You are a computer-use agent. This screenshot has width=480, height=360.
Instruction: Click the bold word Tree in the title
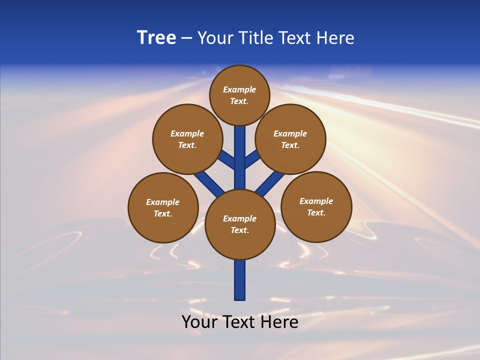156,37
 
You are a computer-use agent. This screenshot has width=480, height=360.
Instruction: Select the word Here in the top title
335,37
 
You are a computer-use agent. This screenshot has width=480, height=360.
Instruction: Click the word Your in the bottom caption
199,321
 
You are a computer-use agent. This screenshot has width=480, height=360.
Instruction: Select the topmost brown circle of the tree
239,95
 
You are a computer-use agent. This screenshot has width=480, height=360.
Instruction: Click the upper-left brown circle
187,139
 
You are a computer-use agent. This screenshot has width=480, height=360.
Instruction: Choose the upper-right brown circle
290,139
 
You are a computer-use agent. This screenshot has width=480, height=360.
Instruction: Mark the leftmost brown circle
163,207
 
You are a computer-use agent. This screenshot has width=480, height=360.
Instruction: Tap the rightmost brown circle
316,206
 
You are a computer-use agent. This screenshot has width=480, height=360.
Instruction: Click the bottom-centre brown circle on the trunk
240,224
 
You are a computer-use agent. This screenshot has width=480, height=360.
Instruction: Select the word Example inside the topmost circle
239,89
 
